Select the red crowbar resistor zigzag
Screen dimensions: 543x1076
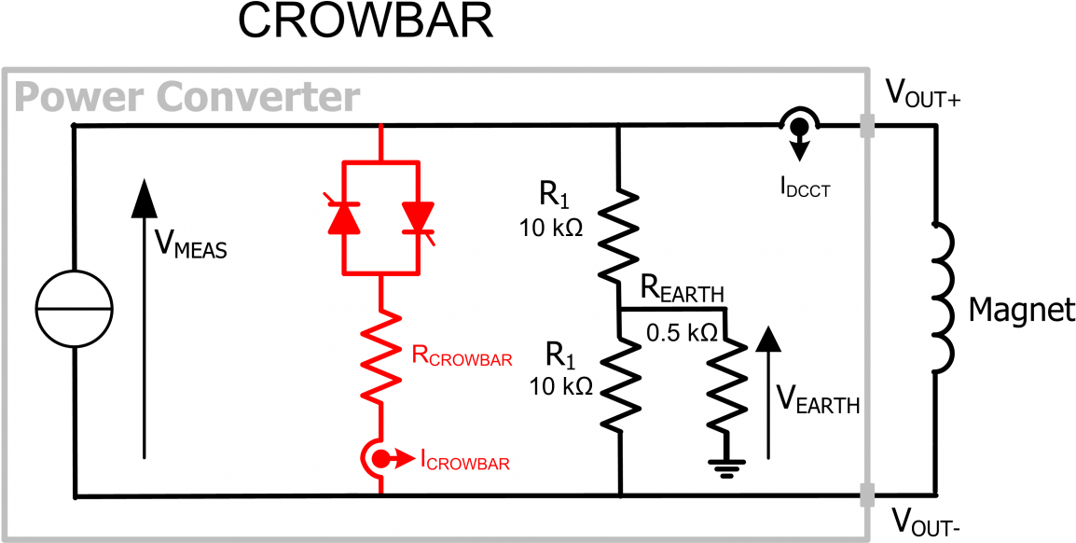point(381,355)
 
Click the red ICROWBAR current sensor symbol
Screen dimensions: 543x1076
point(381,458)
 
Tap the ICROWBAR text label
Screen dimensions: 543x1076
point(464,460)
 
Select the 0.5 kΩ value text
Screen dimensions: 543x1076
point(682,331)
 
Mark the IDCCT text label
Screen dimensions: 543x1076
point(805,188)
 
